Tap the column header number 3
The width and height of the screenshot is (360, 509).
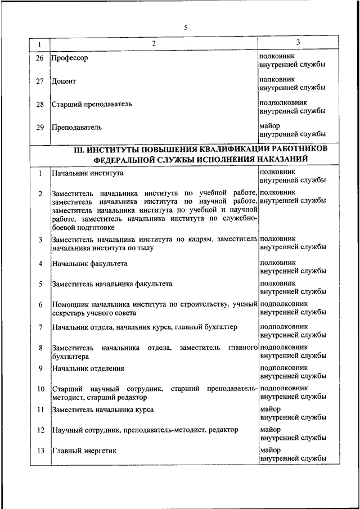pyautogui.click(x=298, y=42)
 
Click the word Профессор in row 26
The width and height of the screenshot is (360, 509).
pyautogui.click(x=70, y=58)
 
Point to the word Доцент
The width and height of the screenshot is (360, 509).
pyautogui.click(x=64, y=81)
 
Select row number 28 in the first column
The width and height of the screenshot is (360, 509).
pyautogui.click(x=40, y=104)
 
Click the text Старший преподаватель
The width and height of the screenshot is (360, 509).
pyautogui.click(x=92, y=104)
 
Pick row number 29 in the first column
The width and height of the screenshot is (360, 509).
pyautogui.click(x=40, y=127)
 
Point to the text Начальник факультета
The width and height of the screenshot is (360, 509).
pyautogui.click(x=89, y=263)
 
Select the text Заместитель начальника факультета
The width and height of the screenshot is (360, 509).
pyautogui.click(x=112, y=284)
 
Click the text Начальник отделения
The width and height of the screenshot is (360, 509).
pyautogui.click(x=88, y=368)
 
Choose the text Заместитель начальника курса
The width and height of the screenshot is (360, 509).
pyautogui.click(x=102, y=409)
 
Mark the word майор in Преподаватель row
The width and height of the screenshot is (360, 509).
pyautogui.click(x=271, y=125)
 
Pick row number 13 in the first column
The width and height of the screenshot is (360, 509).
pyautogui.click(x=40, y=451)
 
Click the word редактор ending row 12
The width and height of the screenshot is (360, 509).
pyautogui.click(x=223, y=430)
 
